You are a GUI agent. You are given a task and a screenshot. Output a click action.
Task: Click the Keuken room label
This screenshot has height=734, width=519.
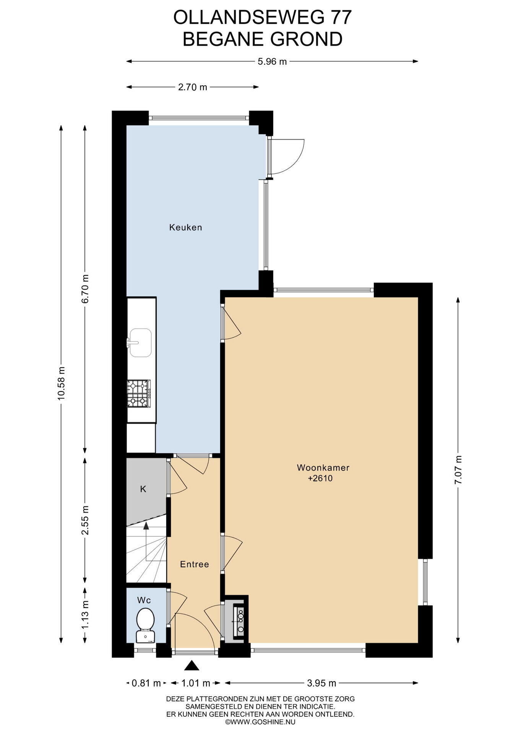point(185,227)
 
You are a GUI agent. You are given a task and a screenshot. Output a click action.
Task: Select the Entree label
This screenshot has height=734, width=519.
point(195,564)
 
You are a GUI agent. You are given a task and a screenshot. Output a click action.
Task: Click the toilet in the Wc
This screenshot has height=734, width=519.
point(145,624)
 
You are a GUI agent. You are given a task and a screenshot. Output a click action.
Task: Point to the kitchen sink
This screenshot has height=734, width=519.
point(139,343)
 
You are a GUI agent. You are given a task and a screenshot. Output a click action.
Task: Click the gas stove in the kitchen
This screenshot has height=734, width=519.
point(139,394)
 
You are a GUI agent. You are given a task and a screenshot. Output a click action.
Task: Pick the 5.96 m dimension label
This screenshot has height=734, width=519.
point(272,61)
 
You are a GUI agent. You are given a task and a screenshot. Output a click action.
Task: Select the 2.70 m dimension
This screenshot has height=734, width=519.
point(193,87)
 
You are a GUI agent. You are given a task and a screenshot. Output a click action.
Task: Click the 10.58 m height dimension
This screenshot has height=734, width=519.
point(61,383)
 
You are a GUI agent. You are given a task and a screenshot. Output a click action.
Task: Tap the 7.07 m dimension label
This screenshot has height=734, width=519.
point(458,470)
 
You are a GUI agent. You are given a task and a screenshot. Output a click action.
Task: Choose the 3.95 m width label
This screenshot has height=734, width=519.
point(321,683)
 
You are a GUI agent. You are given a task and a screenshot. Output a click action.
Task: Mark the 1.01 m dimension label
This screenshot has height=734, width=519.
point(196,683)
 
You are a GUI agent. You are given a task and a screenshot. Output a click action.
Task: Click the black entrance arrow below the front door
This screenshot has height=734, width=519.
point(192,666)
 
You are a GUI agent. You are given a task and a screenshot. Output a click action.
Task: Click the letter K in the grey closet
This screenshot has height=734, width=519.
point(143,489)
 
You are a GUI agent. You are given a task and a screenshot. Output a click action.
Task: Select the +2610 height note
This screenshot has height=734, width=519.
point(320,478)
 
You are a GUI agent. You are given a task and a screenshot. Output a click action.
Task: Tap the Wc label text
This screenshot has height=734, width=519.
point(144,600)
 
